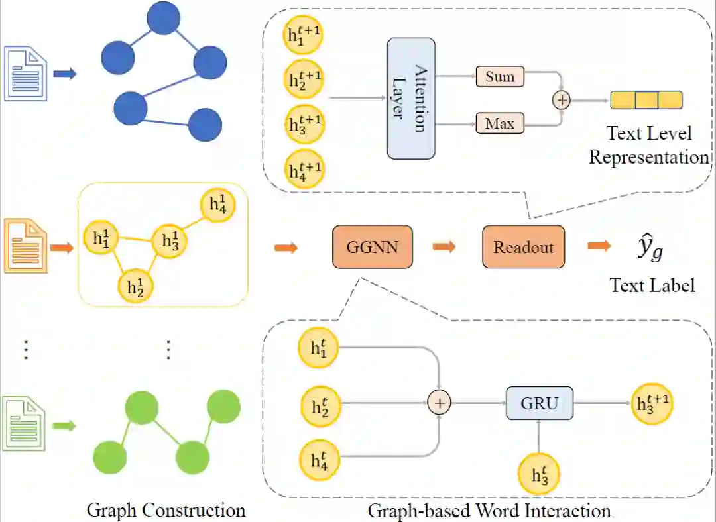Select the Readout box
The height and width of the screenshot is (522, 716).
[x=523, y=247]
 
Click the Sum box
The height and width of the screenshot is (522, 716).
[x=499, y=76]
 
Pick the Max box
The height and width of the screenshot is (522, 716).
[x=499, y=123]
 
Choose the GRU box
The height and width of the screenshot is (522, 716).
[x=539, y=402]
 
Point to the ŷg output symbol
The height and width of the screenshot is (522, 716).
[x=650, y=250]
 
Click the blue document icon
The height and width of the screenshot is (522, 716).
[x=26, y=73]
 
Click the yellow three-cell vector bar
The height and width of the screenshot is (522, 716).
[x=646, y=100]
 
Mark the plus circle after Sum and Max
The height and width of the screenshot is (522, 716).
[x=562, y=100]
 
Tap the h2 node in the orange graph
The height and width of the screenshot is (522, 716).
[x=135, y=286]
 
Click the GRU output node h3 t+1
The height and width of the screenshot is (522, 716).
[x=652, y=402]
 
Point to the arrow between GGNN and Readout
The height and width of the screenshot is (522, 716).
[x=445, y=247]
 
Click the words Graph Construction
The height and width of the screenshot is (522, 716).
[x=166, y=510]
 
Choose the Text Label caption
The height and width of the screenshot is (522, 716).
[x=652, y=285]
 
